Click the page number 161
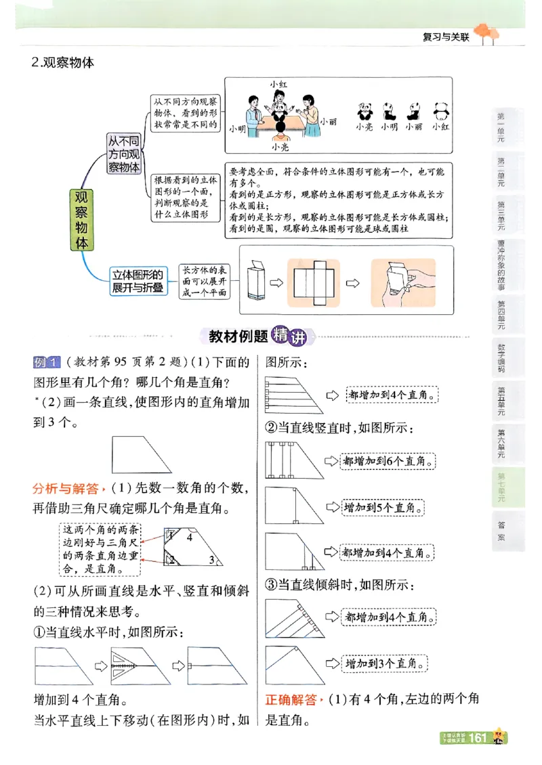[x=478, y=737]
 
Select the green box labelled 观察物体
[x=82, y=220]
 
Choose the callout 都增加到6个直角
[x=387, y=461]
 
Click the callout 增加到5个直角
[x=383, y=507]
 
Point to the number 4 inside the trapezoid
[x=190, y=538]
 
